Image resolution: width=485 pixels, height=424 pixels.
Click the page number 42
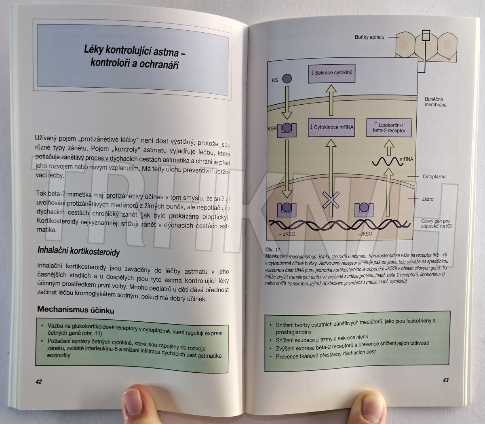tap(39, 382)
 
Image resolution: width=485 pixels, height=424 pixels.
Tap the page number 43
tap(446, 380)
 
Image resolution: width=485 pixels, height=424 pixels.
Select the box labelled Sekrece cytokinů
tap(332, 74)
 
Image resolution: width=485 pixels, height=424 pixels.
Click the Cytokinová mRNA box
tap(331, 127)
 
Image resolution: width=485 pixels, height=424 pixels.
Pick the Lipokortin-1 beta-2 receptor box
tap(389, 128)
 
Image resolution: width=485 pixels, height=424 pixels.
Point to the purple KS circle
tap(287, 78)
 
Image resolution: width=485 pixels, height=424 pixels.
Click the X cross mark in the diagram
tap(331, 200)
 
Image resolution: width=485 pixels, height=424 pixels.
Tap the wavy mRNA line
tap(387, 162)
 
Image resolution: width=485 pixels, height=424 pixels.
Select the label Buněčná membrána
tap(435, 102)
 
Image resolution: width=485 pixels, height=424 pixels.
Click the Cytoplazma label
tap(434, 177)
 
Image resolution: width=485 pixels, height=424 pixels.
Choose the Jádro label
tap(427, 199)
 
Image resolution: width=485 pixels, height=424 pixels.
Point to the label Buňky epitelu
tap(369, 37)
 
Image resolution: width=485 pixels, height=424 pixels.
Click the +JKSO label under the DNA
tap(365, 234)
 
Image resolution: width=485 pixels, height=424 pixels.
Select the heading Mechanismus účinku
tap(76, 310)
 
